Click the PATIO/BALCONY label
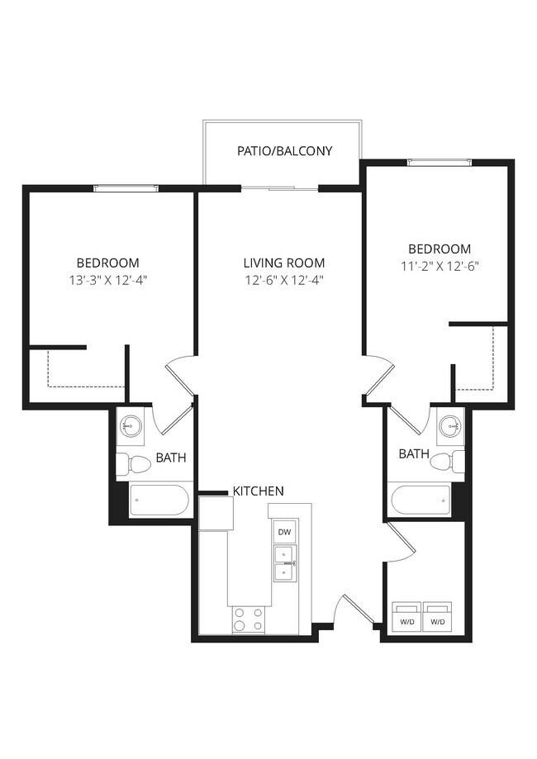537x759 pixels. tap(284, 151)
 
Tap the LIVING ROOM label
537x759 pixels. tap(283, 263)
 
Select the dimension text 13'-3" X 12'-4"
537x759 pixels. tap(108, 279)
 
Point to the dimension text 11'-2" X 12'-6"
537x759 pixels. tap(440, 266)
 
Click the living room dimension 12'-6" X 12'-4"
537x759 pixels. tap(283, 280)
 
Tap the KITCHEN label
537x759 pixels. tap(258, 491)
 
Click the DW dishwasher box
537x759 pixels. tap(283, 532)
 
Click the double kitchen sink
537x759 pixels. tap(283, 563)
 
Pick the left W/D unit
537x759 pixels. tap(406, 617)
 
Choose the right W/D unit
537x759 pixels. tap(438, 617)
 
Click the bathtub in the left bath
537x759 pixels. tap(161, 501)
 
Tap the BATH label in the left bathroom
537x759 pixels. tap(171, 458)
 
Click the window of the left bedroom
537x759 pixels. tap(125, 188)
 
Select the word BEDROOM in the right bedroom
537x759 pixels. tap(440, 249)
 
